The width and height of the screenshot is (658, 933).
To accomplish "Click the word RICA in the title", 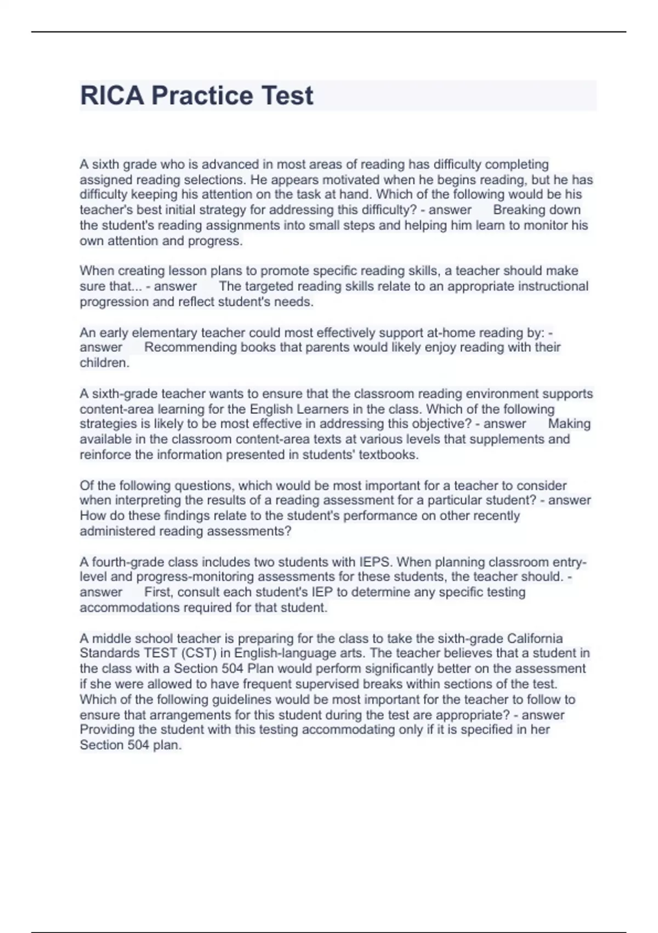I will coord(112,95).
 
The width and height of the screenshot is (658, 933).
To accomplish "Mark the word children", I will coord(104,363).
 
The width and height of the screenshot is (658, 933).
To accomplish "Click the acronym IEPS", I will coord(375,562).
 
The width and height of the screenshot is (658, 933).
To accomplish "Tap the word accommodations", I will coord(129,608).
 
